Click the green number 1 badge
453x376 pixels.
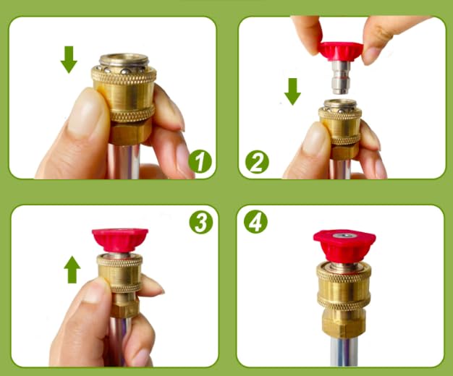[x=200, y=161]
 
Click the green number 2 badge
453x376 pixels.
[x=257, y=162]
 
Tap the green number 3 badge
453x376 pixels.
[x=201, y=222]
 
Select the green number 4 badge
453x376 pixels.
[x=255, y=222]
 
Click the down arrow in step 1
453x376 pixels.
[x=69, y=59]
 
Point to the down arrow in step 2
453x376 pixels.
[x=292, y=91]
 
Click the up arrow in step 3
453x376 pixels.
[x=72, y=270]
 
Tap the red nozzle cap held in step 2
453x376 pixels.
[x=341, y=51]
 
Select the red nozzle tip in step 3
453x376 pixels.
[x=120, y=239]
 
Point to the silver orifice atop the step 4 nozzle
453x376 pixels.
[x=344, y=236]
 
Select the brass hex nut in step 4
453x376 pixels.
[x=344, y=323]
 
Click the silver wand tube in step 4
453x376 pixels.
[x=344, y=351]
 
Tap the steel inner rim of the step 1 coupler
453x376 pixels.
[x=124, y=60]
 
